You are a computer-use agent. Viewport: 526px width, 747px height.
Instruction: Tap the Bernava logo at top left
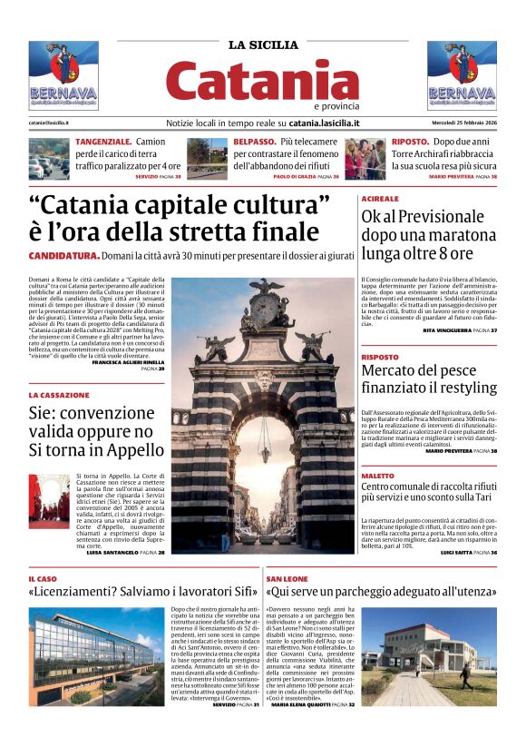(63, 75)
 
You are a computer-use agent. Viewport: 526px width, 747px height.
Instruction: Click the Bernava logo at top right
(462, 75)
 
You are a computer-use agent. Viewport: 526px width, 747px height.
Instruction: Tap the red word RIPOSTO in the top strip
(411, 143)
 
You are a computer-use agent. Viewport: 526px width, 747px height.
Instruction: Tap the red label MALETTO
(377, 476)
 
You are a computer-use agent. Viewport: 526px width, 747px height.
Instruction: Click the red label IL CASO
(43, 578)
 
